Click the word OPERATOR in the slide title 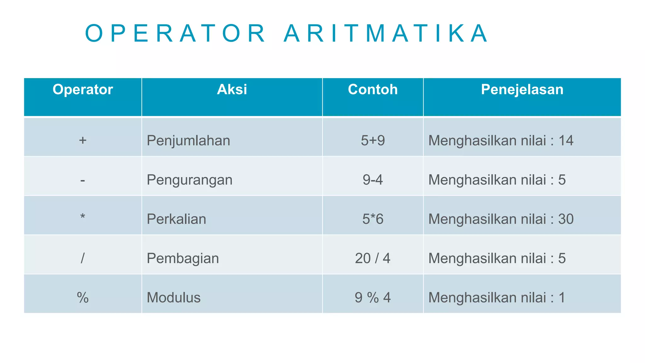175,33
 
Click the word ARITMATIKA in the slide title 385,33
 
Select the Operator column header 83,89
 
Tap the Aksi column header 232,89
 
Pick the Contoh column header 373,89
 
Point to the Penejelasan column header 522,89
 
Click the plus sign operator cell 83,140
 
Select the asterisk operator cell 83,217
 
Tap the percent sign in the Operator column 83,297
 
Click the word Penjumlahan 188,141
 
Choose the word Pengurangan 190,180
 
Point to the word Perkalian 176,219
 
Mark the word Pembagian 183,258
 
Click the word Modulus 174,297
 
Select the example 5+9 373,141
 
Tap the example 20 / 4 373,258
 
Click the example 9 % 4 373,297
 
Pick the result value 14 566,141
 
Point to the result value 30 566,219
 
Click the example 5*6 373,219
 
